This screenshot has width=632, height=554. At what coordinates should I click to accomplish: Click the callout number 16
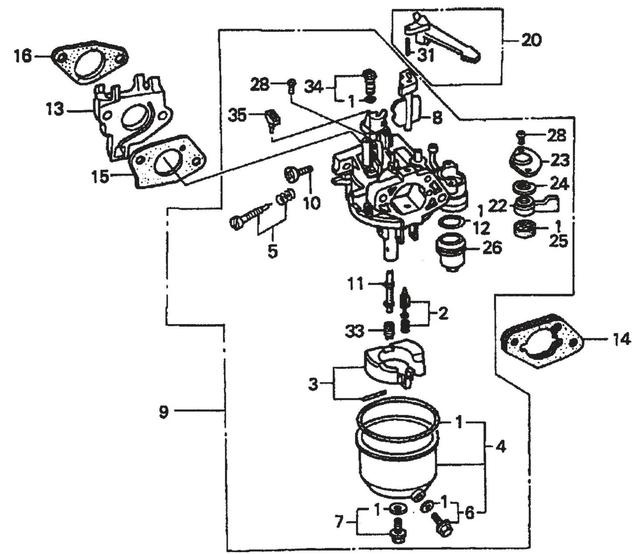point(22,56)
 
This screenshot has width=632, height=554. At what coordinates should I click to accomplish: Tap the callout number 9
point(164,412)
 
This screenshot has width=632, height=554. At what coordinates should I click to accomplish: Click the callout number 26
point(492,248)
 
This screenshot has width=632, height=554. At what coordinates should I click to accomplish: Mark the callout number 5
point(272,252)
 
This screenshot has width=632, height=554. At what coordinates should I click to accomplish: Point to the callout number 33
point(354,331)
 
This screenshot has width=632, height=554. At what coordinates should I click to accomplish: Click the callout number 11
point(355,285)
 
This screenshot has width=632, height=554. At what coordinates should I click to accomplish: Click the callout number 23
point(560,161)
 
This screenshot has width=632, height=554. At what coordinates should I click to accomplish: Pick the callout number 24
point(559,185)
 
